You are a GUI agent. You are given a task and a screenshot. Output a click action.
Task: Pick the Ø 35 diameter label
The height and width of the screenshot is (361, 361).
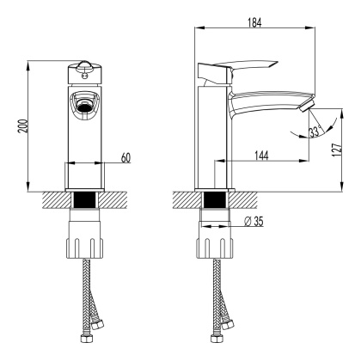(254, 222)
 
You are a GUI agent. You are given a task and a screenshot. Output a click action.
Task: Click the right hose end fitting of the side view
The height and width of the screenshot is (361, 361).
(230, 327)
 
